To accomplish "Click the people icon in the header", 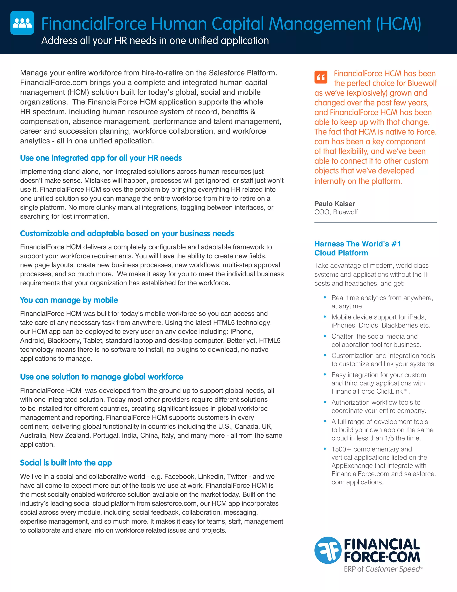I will [22, 23].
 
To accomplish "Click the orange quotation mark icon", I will [321, 77].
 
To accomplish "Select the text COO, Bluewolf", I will [336, 212].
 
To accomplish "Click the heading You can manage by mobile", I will [69, 300].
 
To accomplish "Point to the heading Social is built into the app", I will [66, 463].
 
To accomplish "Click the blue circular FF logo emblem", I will [328, 550].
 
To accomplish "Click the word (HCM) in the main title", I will [398, 24].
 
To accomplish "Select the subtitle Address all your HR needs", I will [155, 41].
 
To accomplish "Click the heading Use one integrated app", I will [101, 158].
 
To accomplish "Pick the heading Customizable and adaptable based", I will [127, 234].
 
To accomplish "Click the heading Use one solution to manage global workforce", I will [102, 377].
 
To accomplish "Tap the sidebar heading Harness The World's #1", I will [357, 244].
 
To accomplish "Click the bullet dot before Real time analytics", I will [325, 297].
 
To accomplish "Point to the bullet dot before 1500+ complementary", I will [325, 449].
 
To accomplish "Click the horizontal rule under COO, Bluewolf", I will [375, 222].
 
